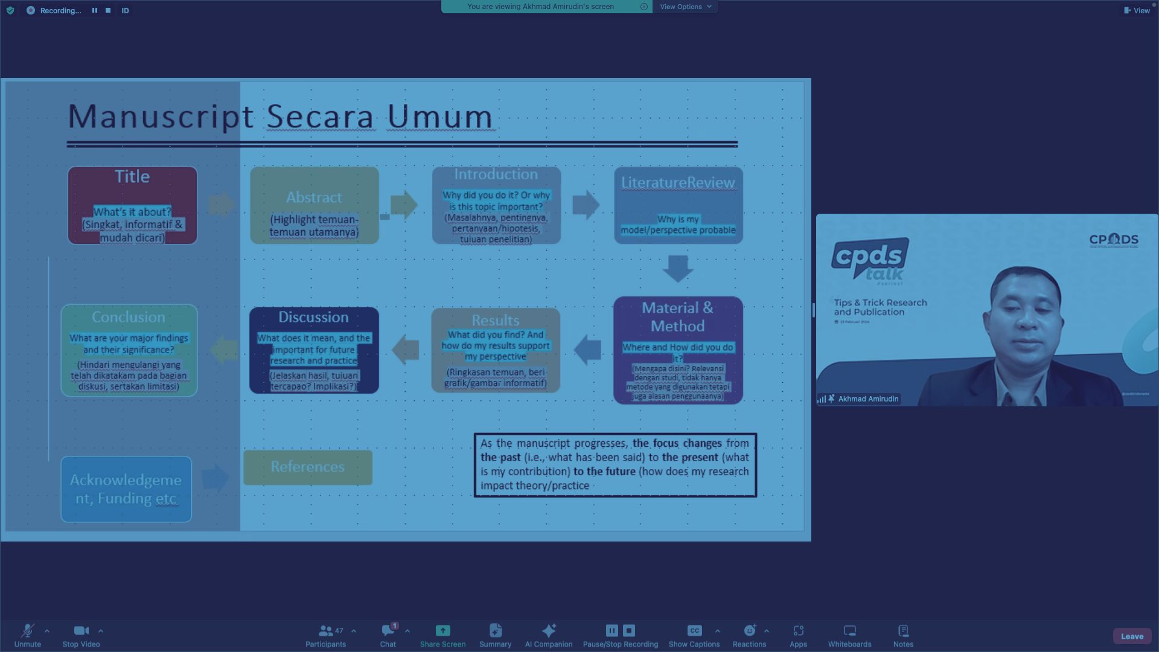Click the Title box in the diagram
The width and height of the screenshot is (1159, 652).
132,205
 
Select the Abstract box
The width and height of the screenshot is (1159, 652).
314,205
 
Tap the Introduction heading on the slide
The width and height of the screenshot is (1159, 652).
496,174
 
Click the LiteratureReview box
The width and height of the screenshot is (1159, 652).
678,205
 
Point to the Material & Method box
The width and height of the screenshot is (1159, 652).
677,350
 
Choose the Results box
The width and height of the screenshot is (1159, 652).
495,350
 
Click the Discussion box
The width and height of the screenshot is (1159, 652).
313,350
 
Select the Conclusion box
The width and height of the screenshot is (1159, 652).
129,350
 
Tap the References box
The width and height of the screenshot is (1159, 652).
307,467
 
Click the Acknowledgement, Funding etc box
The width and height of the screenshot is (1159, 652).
126,489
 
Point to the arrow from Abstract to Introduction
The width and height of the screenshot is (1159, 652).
404,205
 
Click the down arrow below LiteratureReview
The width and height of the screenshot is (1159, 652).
677,269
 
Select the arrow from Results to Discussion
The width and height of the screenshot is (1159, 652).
406,350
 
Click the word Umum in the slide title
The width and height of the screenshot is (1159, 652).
439,117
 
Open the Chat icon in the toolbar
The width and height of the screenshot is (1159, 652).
388,631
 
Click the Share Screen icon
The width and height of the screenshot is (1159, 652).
442,631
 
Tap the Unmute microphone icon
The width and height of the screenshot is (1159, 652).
27,631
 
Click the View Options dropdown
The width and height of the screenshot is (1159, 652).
685,7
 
